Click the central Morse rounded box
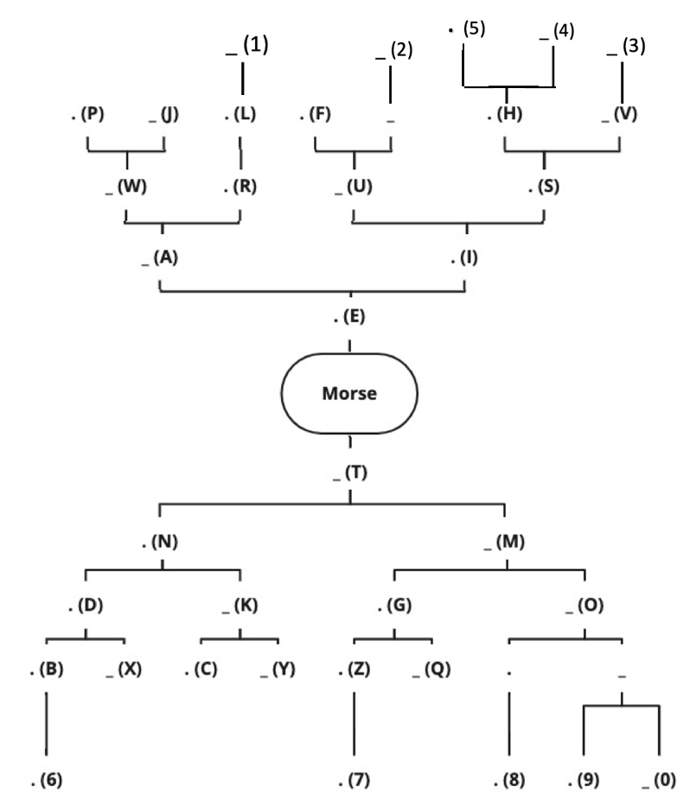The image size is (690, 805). click(x=349, y=393)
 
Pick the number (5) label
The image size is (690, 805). click(x=474, y=29)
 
